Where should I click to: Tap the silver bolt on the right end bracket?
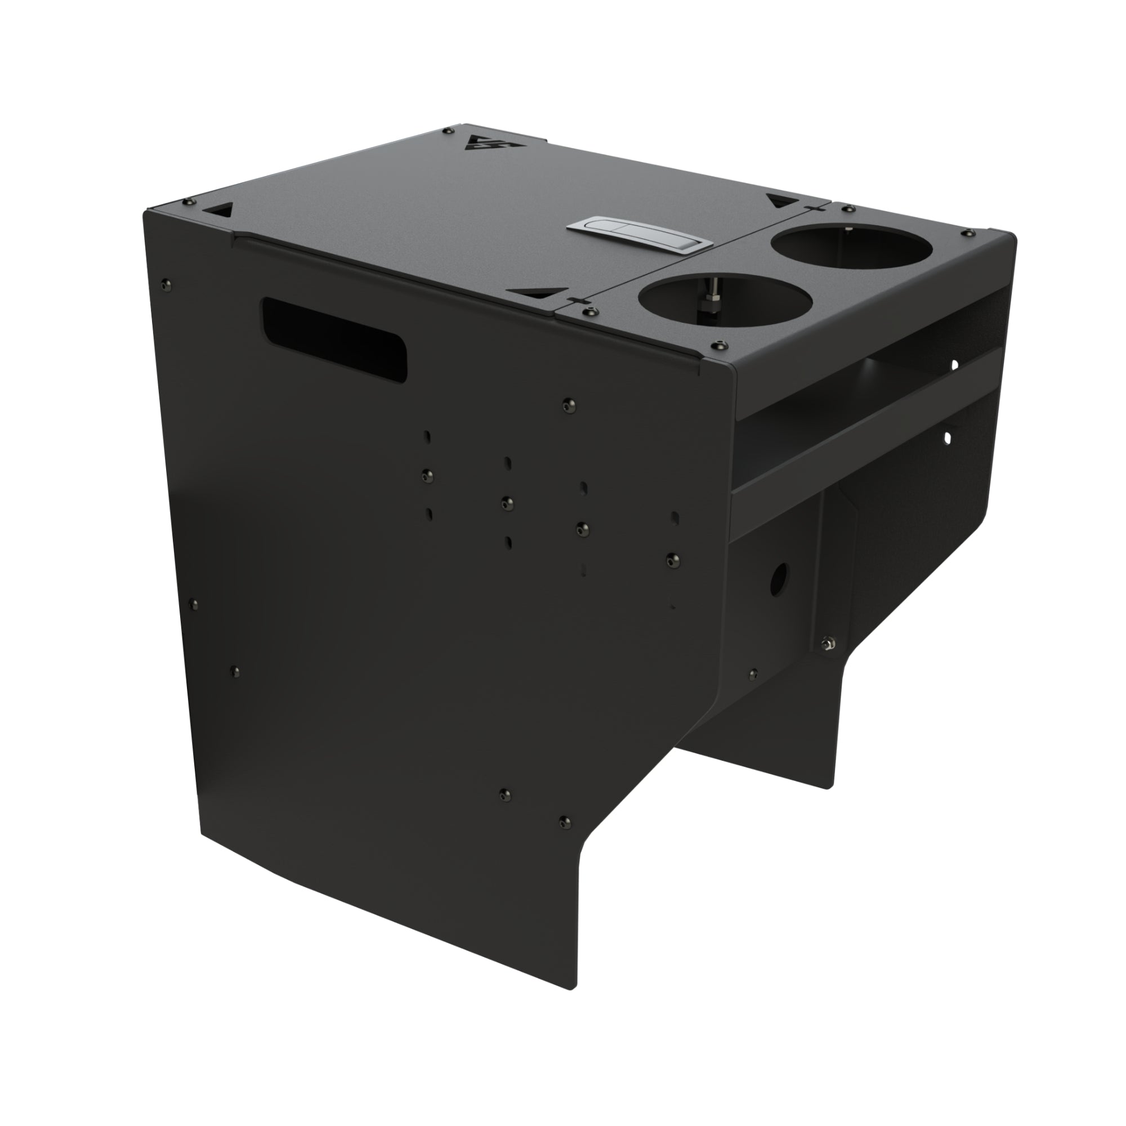coord(826,643)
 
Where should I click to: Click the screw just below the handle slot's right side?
coord(569,403)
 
